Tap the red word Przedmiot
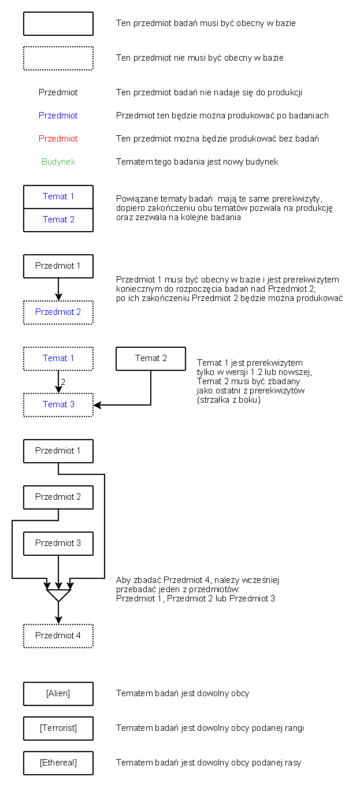58,139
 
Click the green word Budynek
58,162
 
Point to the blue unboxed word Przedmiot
58,115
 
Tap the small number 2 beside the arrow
63,382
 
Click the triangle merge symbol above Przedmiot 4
58,595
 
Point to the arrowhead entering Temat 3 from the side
97,405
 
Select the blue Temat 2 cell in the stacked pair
58,220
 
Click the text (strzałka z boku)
229,400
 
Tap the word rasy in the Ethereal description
293,763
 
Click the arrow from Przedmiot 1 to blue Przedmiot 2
58,289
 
